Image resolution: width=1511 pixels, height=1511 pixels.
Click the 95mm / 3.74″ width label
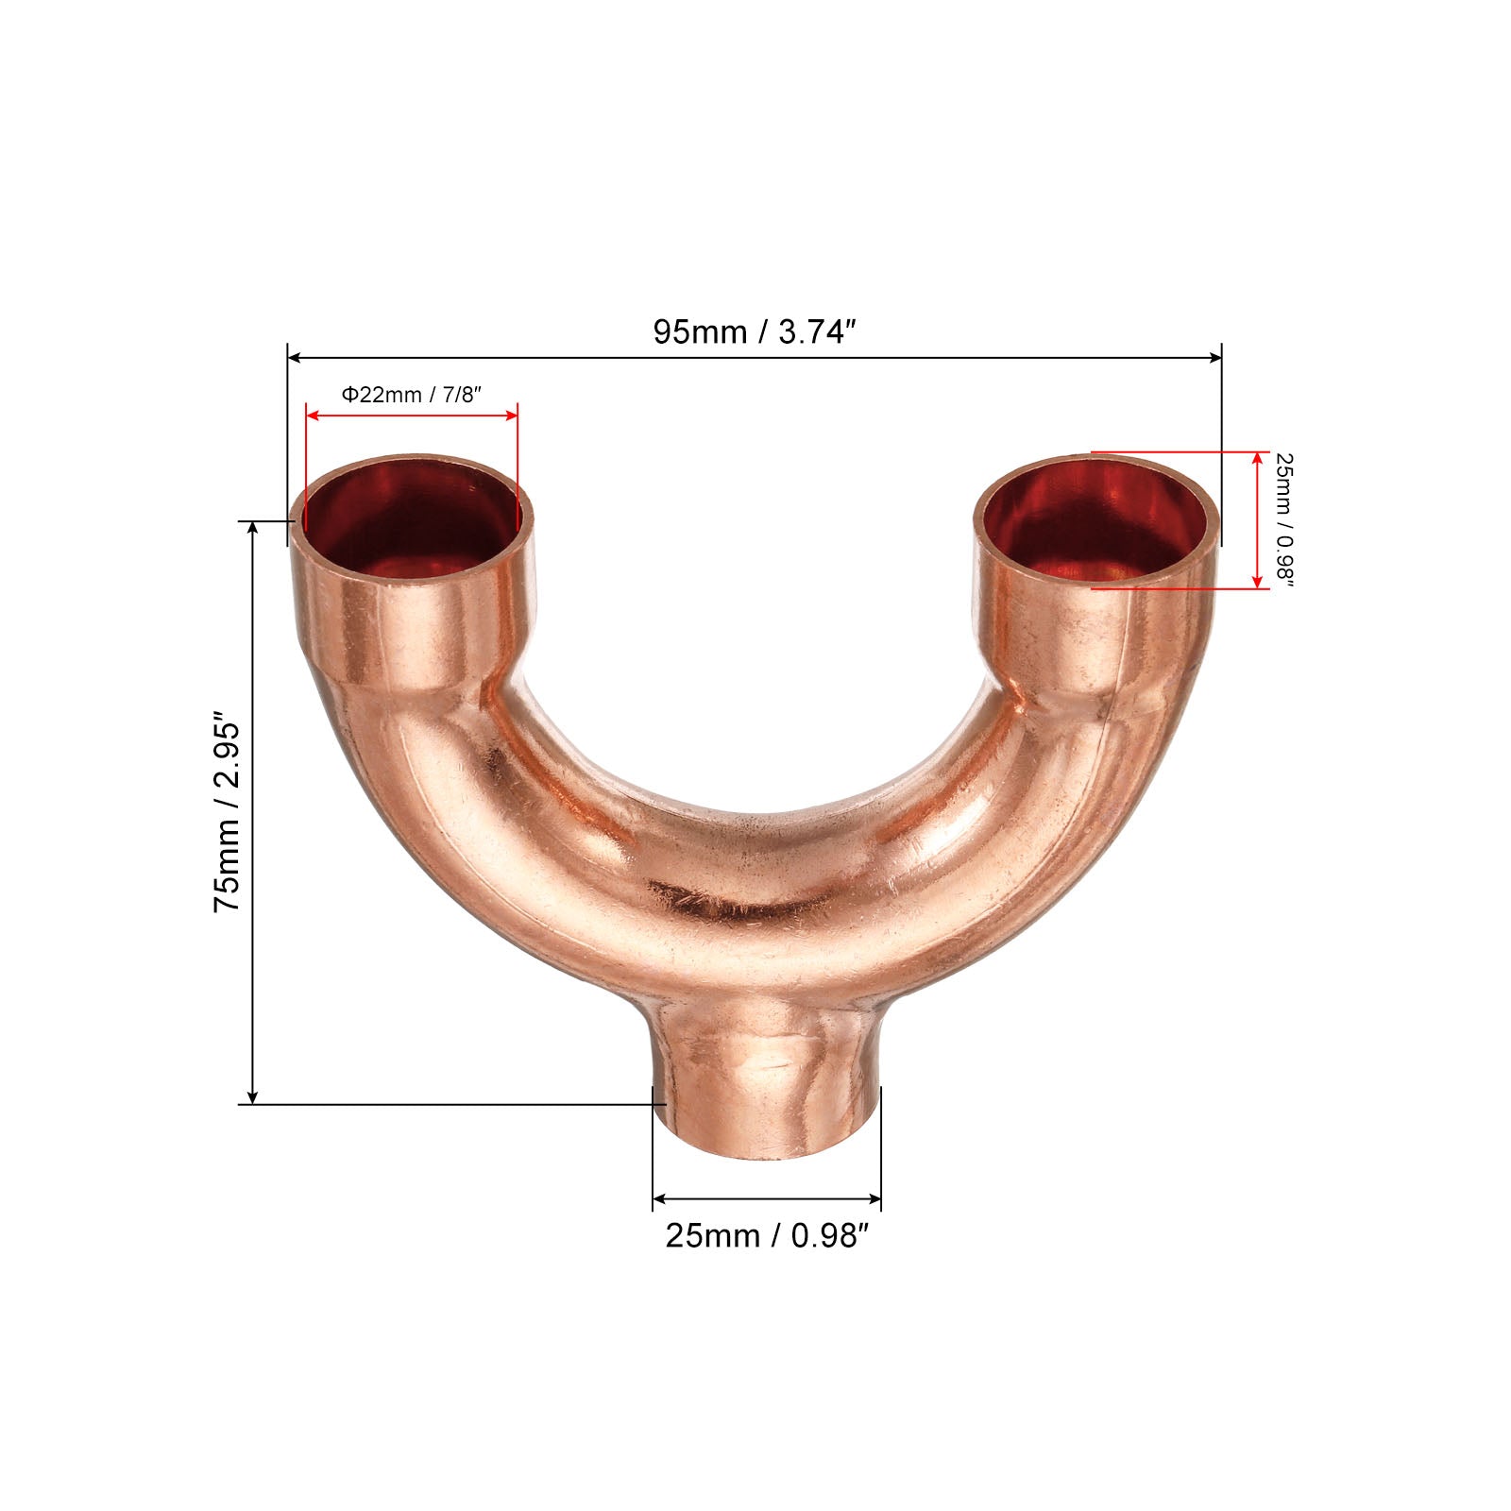point(754,331)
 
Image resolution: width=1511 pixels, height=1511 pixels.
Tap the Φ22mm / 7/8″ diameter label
point(412,394)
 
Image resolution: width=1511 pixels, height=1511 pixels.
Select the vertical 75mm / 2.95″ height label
point(228,812)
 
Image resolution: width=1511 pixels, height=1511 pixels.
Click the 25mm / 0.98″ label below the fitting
point(766,1235)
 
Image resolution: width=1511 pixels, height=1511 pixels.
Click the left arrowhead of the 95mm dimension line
point(294,357)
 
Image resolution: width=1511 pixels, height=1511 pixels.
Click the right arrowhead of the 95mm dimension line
point(1215,357)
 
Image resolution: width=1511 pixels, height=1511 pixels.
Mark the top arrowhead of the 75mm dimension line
point(252,527)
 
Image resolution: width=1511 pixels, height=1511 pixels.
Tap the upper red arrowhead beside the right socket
point(1257,458)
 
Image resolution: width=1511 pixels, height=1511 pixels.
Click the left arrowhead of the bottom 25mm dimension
point(659,1199)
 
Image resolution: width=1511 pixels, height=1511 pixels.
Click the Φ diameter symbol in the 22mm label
point(348,394)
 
